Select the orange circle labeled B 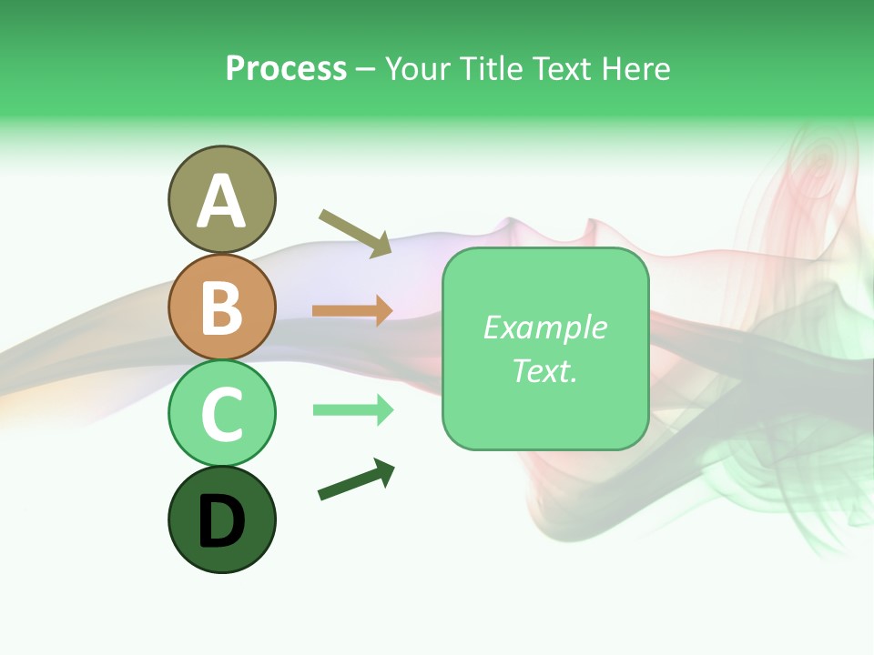point(221,307)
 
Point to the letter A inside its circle point(221,202)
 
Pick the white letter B point(221,308)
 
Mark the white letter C point(221,415)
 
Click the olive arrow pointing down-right point(355,233)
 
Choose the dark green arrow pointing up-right point(356,480)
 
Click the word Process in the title point(286,69)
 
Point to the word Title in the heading point(493,69)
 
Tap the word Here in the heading point(637,69)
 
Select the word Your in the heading point(420,69)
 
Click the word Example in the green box point(544,327)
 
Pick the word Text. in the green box point(544,371)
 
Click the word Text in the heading point(563,69)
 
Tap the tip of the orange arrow point(391,310)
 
